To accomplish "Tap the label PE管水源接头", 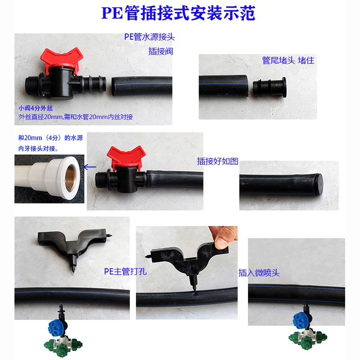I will click(148, 37).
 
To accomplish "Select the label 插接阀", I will click(161, 51).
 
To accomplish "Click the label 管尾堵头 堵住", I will click(288, 60).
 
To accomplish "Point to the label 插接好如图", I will click(217, 161).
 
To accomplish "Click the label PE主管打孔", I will click(126, 271).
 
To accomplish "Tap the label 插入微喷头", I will click(259, 273).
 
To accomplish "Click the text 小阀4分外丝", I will click(36, 108).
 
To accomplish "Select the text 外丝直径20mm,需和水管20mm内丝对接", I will click(76, 117).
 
